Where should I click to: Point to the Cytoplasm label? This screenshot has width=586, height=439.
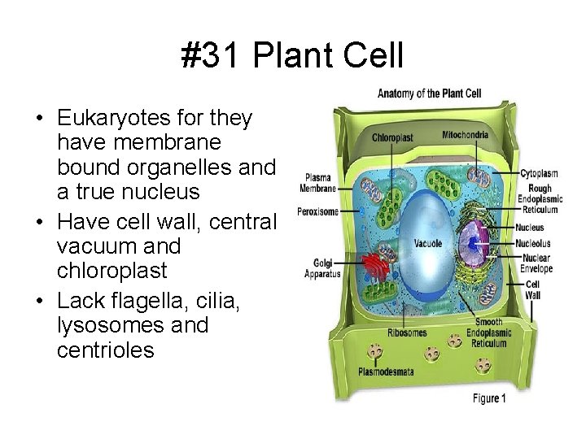[x=540, y=172]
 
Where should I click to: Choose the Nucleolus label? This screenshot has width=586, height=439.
[x=534, y=242]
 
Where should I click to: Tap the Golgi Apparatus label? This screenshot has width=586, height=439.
[x=318, y=269]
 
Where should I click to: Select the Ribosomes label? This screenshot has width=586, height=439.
[x=407, y=333]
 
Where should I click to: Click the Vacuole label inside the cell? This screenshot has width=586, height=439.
[x=428, y=243]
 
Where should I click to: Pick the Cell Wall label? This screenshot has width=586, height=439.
[x=533, y=290]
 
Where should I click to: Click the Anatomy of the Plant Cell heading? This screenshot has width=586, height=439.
[x=430, y=93]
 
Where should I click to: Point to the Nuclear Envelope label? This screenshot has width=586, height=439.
[x=538, y=263]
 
